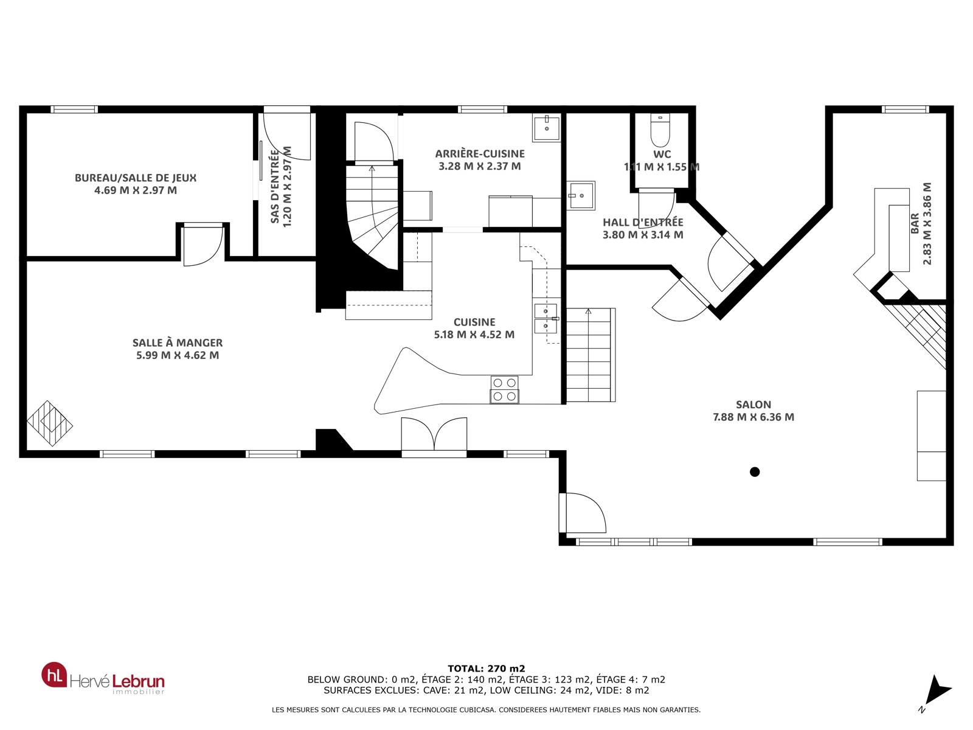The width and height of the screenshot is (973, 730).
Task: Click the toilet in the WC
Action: click(x=660, y=130)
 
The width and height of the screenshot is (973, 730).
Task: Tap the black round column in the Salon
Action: click(x=755, y=472)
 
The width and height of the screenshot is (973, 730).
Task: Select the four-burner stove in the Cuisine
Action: click(x=505, y=389)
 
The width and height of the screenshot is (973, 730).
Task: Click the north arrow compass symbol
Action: click(x=936, y=693)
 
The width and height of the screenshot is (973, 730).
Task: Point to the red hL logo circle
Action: click(x=54, y=675)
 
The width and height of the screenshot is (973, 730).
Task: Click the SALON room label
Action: click(x=753, y=405)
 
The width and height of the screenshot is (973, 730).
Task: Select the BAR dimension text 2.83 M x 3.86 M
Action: click(x=927, y=224)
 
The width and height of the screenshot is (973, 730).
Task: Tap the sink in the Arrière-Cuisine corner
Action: click(x=546, y=128)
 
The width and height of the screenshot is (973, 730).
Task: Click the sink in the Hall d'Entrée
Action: click(x=581, y=195)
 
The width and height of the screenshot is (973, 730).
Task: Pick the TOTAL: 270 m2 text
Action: click(x=486, y=669)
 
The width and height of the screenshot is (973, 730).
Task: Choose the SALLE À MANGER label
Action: click(x=178, y=342)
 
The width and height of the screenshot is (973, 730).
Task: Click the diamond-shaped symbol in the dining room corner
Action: click(x=50, y=423)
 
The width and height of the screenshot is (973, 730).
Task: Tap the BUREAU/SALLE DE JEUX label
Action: click(x=135, y=178)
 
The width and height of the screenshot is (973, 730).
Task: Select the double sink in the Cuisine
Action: click(x=546, y=319)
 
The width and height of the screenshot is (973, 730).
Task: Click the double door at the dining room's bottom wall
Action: click(x=434, y=437)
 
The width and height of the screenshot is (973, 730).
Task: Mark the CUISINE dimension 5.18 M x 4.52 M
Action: click(x=474, y=335)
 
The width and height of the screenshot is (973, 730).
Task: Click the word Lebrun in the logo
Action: click(x=138, y=681)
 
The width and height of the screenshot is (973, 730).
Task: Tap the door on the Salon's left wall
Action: click(x=582, y=513)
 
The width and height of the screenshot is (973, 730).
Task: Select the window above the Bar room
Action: click(x=905, y=109)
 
